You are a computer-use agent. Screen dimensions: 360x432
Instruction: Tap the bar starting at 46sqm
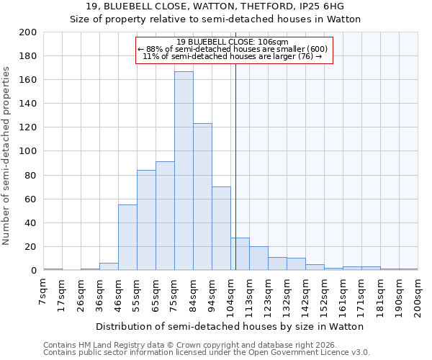click(127, 237)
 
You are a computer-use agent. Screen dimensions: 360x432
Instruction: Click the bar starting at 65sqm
click(165, 215)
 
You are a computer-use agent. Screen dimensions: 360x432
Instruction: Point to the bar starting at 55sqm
click(146, 220)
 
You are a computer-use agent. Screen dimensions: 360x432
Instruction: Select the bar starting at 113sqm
click(258, 258)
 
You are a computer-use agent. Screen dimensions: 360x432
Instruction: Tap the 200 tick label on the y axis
click(28, 32)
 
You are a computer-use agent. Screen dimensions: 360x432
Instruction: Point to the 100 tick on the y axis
click(28, 151)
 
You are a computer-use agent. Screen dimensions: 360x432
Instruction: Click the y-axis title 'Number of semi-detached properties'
click(6, 155)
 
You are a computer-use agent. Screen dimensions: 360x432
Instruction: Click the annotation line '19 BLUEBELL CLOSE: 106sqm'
click(232, 42)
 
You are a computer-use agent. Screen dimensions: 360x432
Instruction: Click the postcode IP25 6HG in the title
click(319, 6)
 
